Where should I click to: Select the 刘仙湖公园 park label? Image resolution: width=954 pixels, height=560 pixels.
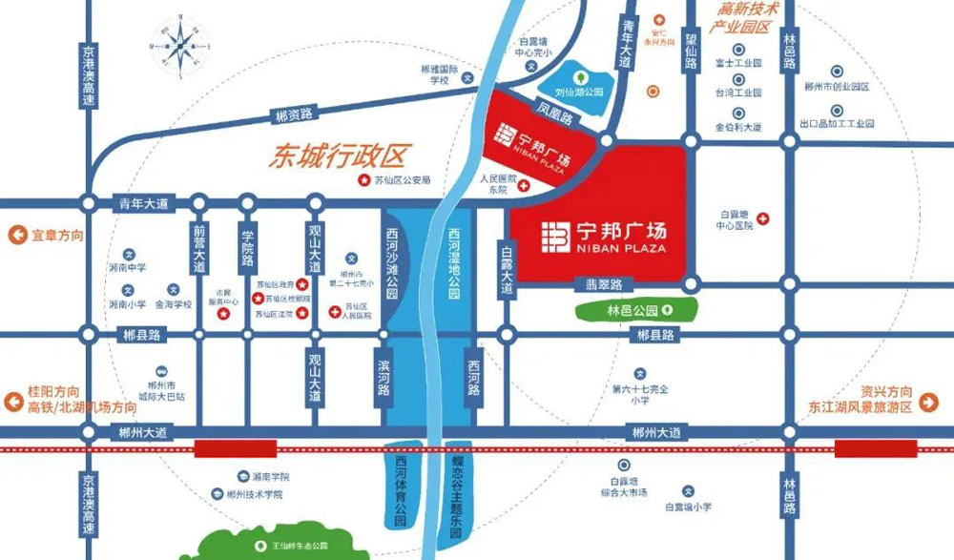click(581, 93)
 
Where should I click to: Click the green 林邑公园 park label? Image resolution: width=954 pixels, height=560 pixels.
click(633, 309)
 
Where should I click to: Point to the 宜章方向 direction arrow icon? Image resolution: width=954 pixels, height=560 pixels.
click(15, 236)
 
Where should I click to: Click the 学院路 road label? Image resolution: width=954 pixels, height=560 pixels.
click(247, 247)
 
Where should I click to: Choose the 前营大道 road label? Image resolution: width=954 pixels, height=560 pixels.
click(198, 249)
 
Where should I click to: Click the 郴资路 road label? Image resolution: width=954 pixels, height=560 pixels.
click(294, 115)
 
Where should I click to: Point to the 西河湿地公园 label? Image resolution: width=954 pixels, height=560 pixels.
click(454, 261)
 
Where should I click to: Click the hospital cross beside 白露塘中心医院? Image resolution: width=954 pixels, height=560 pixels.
click(762, 218)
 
